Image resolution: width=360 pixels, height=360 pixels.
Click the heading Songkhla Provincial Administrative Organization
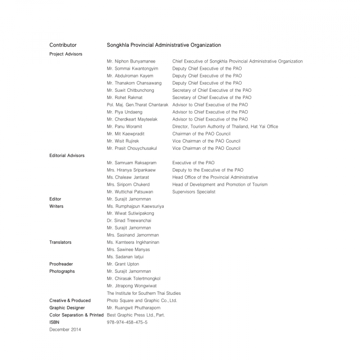(164, 45)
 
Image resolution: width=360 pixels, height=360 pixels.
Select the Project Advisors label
(66, 54)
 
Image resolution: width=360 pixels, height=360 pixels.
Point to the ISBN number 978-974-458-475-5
(127, 322)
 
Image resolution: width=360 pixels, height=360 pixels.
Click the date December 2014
(66, 329)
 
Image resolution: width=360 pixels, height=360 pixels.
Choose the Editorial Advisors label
(67, 155)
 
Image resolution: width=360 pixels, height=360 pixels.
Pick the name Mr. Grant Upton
(123, 264)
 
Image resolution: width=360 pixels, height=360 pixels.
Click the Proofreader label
(61, 264)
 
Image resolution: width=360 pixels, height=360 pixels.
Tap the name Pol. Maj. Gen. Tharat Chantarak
(138, 105)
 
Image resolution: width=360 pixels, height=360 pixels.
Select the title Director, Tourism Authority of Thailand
(225, 126)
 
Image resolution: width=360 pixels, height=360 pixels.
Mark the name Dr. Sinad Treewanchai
(129, 220)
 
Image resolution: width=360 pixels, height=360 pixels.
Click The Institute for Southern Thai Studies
(144, 293)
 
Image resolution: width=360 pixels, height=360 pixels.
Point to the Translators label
(60, 242)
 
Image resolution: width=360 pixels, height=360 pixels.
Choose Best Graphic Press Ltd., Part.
(136, 315)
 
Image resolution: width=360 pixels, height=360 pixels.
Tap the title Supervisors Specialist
(193, 192)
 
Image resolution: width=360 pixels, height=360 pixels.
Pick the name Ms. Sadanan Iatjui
(126, 257)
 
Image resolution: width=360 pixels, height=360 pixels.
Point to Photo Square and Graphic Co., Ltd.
(142, 300)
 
